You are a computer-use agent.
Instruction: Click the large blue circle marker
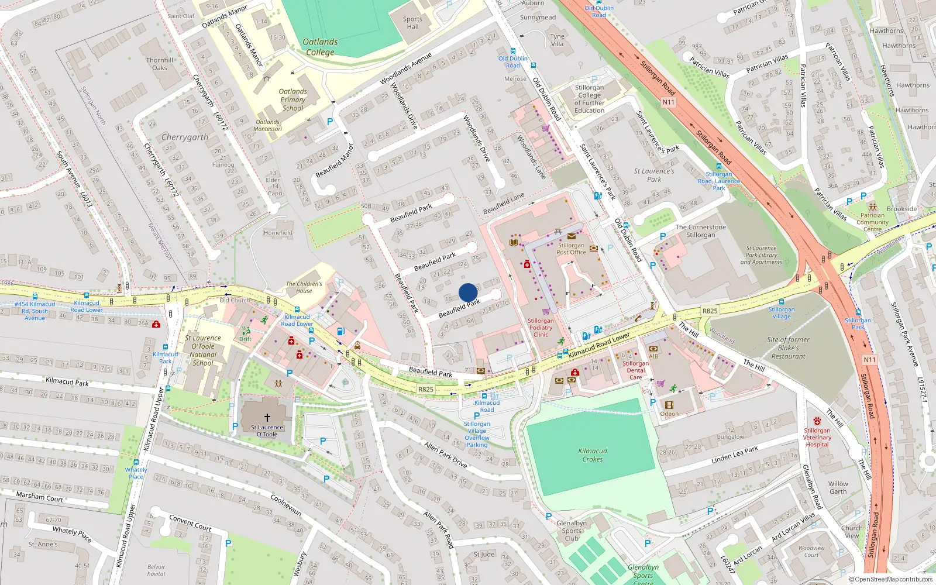468,292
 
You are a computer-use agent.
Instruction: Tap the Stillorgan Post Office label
571,249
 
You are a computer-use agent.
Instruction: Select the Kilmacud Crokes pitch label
593,455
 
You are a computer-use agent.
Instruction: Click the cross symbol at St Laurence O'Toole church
267,418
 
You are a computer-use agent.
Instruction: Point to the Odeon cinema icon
669,405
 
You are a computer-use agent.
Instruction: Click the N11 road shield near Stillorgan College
668,102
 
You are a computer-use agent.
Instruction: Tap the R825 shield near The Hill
710,311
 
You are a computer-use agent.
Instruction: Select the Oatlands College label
320,47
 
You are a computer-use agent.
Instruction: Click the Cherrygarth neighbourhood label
184,137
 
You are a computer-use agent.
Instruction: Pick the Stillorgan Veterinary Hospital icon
817,421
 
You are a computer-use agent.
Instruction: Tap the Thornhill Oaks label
160,64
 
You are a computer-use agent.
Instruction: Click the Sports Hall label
412,23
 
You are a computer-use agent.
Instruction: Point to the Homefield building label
278,233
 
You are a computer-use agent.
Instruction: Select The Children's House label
304,287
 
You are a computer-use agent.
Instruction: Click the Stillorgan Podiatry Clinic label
541,328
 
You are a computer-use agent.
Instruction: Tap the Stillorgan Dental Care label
636,370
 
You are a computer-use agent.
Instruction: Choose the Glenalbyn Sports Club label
572,531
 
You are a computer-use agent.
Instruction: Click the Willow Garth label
838,487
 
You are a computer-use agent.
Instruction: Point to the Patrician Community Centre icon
873,207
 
